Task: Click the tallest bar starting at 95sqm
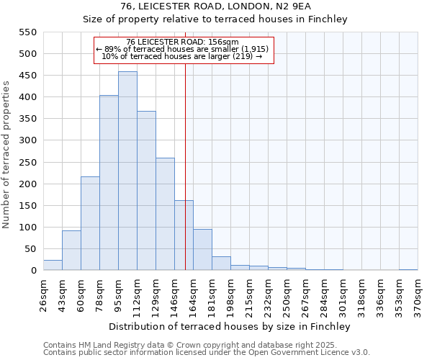(127, 171)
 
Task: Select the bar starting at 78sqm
(109, 183)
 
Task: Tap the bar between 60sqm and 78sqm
(90, 223)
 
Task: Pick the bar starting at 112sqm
(146, 191)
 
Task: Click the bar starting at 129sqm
(165, 214)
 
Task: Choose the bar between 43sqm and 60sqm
(71, 251)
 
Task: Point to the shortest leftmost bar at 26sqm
(53, 265)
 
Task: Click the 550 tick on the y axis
(27, 32)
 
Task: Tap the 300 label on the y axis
(27, 140)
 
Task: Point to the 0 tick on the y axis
(33, 271)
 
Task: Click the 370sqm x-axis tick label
(418, 296)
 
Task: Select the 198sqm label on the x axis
(230, 296)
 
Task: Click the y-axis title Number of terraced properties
(6, 154)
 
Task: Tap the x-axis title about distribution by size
(230, 326)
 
